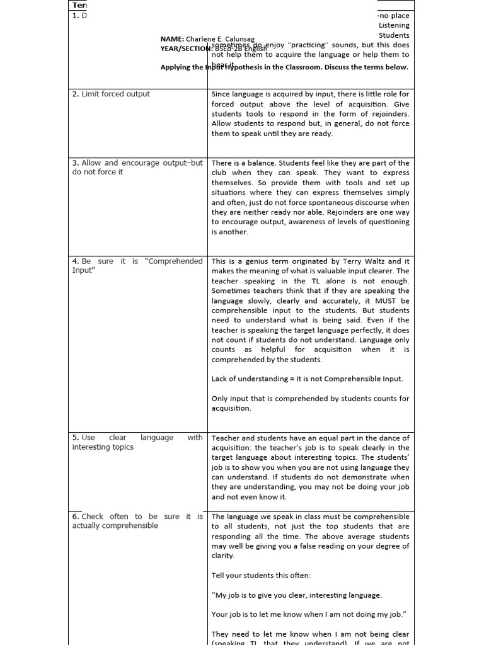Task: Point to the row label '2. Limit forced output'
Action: [111, 94]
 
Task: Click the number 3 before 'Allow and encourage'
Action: [75, 163]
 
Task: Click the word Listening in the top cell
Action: [394, 25]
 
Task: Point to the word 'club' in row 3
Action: [221, 173]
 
